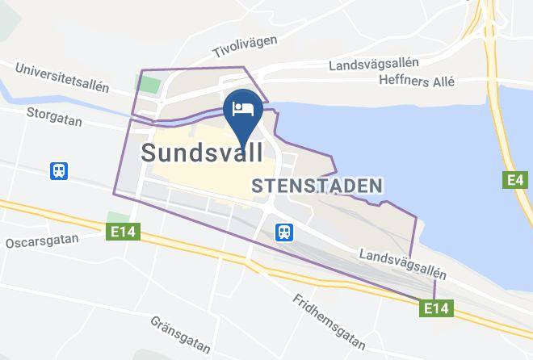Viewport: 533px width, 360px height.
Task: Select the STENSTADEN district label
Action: [x=317, y=186]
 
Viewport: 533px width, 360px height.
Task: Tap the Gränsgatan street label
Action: [x=181, y=334]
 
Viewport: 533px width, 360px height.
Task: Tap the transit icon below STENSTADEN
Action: [x=284, y=232]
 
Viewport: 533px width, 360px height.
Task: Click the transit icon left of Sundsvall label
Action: [x=59, y=170]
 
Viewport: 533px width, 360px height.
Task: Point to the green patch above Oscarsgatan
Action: [x=114, y=218]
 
